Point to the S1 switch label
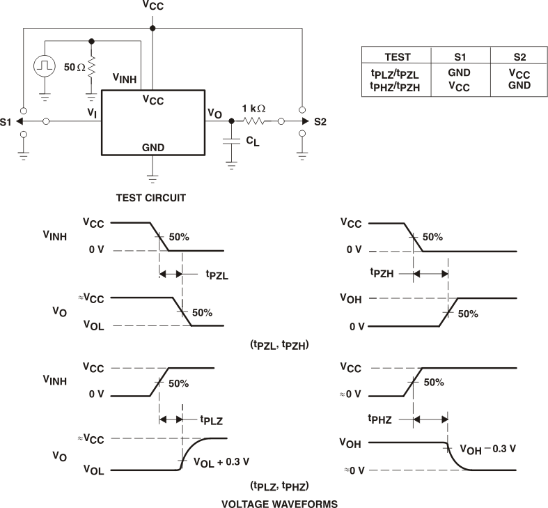pyautogui.click(x=7, y=121)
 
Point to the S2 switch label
pyautogui.click(x=320, y=121)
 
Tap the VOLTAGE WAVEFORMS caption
pyautogui.click(x=270, y=501)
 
